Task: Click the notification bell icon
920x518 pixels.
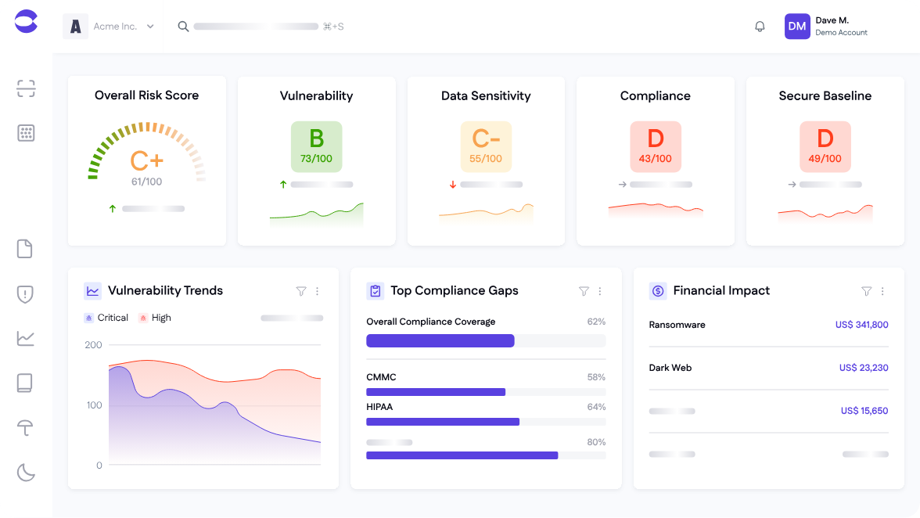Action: click(x=760, y=27)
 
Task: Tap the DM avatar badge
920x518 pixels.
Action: click(x=797, y=27)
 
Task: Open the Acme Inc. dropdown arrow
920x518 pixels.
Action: click(x=150, y=27)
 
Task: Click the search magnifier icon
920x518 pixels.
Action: click(x=183, y=27)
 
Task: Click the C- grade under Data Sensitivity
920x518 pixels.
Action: click(x=486, y=139)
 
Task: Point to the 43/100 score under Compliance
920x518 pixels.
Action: click(x=656, y=159)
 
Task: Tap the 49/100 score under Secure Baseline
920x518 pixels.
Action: click(x=825, y=159)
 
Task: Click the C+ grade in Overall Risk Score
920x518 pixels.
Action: click(x=147, y=161)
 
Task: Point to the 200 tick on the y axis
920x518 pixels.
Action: click(x=94, y=345)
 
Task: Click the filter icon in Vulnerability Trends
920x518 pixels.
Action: click(x=301, y=291)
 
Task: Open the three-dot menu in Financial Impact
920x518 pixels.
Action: click(x=882, y=291)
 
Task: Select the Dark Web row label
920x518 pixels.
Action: click(x=670, y=368)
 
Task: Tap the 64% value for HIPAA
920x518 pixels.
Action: click(x=596, y=407)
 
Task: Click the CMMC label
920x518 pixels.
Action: click(x=381, y=377)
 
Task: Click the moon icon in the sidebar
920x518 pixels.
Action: click(x=26, y=472)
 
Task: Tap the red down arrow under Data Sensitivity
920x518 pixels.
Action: click(x=452, y=185)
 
